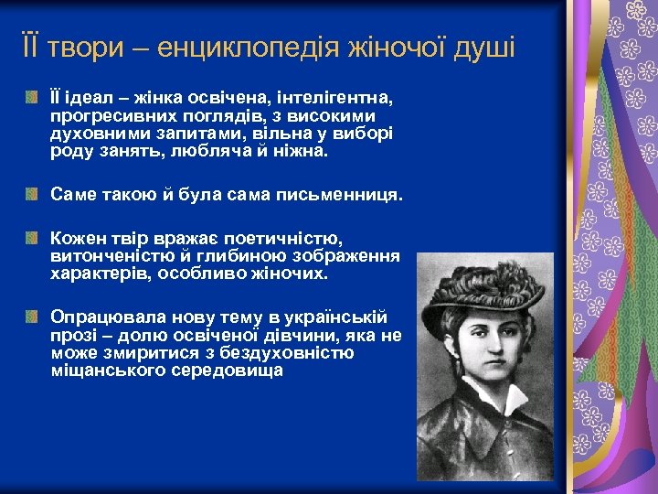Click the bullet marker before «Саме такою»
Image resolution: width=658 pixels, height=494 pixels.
[33, 195]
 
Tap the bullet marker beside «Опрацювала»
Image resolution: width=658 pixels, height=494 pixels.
[33, 317]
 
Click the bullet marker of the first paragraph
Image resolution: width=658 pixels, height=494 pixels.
[33, 98]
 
